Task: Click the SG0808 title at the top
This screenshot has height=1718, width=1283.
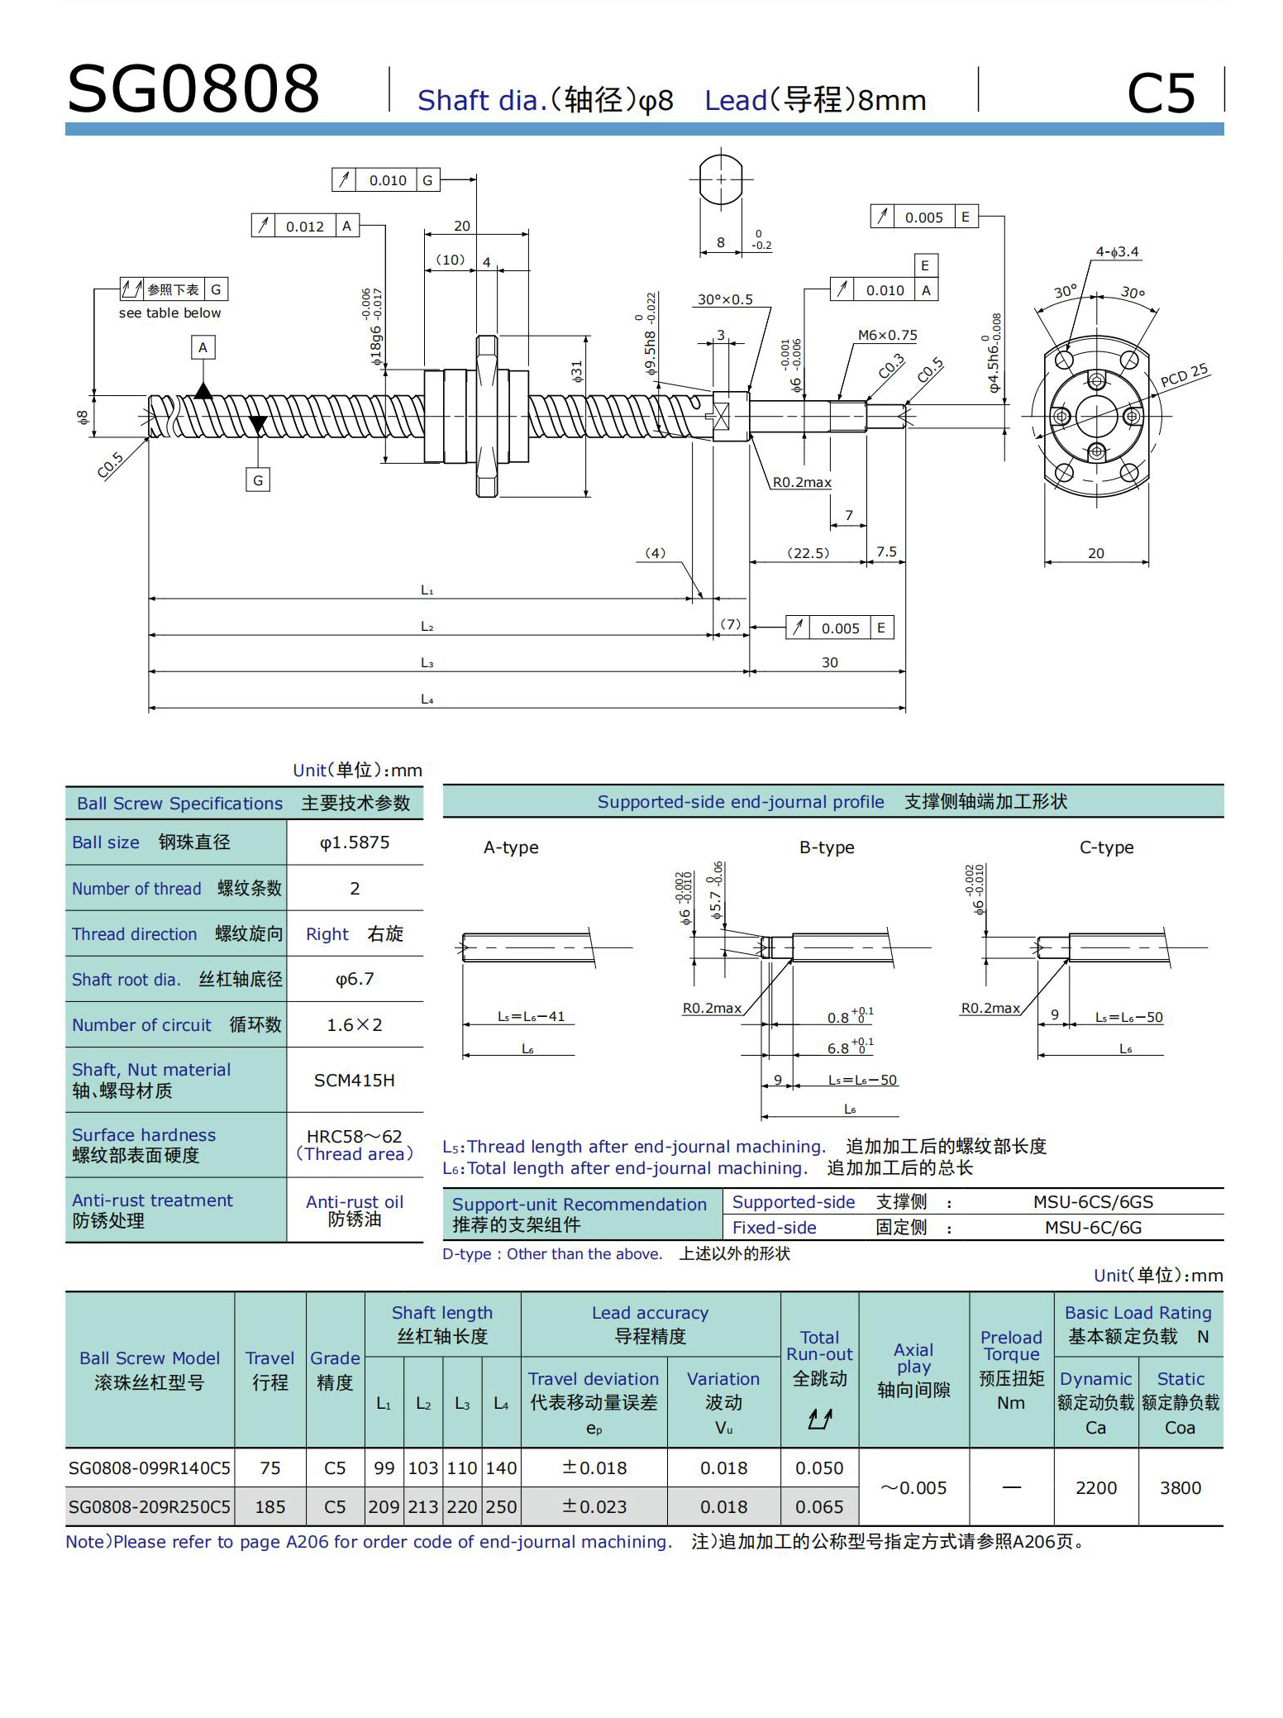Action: tap(193, 88)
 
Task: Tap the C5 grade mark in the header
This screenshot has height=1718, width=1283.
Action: tap(1161, 93)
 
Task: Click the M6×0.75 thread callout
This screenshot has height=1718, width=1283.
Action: tap(887, 335)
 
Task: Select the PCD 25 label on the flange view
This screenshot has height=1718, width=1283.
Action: tap(1185, 375)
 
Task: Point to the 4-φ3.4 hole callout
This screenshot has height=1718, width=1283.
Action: tap(1117, 251)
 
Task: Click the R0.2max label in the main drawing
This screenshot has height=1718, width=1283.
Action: tap(802, 482)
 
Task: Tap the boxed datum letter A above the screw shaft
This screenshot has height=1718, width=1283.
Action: tap(203, 347)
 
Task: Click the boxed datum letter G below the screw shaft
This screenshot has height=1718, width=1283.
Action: tap(258, 480)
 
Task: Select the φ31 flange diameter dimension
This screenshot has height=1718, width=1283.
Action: tap(577, 371)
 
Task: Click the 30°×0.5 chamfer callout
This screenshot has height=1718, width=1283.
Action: tap(725, 299)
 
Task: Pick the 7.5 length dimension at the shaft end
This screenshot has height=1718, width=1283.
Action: tap(886, 551)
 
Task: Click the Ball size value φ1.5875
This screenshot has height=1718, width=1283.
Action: tap(355, 842)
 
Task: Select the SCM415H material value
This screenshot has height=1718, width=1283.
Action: tap(355, 1081)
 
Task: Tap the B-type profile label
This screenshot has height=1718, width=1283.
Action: tap(827, 847)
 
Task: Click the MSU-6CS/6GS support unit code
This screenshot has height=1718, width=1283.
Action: tap(1093, 1202)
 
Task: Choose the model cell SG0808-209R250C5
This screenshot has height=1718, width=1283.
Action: tap(150, 1507)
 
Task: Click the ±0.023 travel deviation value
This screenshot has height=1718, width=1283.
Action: tap(594, 1507)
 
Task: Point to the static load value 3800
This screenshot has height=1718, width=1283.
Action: tap(1180, 1488)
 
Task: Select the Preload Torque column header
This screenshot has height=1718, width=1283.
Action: tap(1011, 1345)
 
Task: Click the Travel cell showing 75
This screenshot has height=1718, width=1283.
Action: tap(270, 1468)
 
